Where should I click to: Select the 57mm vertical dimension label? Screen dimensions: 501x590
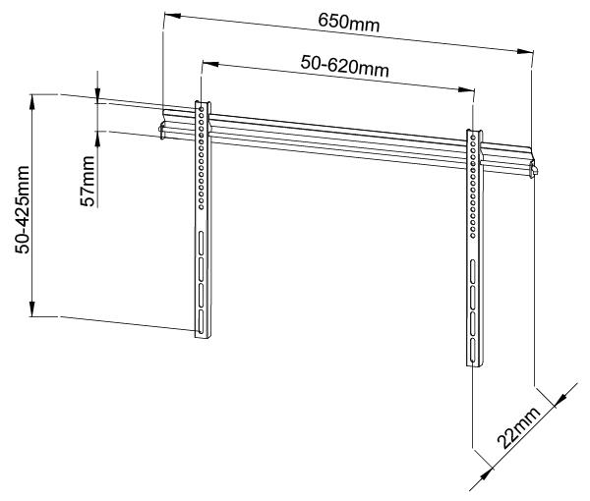(88, 179)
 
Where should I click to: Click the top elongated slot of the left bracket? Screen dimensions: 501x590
(201, 244)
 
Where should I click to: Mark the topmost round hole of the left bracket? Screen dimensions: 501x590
(202, 110)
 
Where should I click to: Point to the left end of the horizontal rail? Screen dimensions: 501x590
(161, 128)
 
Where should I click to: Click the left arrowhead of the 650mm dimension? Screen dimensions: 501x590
(166, 15)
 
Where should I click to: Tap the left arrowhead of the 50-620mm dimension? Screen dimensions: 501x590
(204, 63)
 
